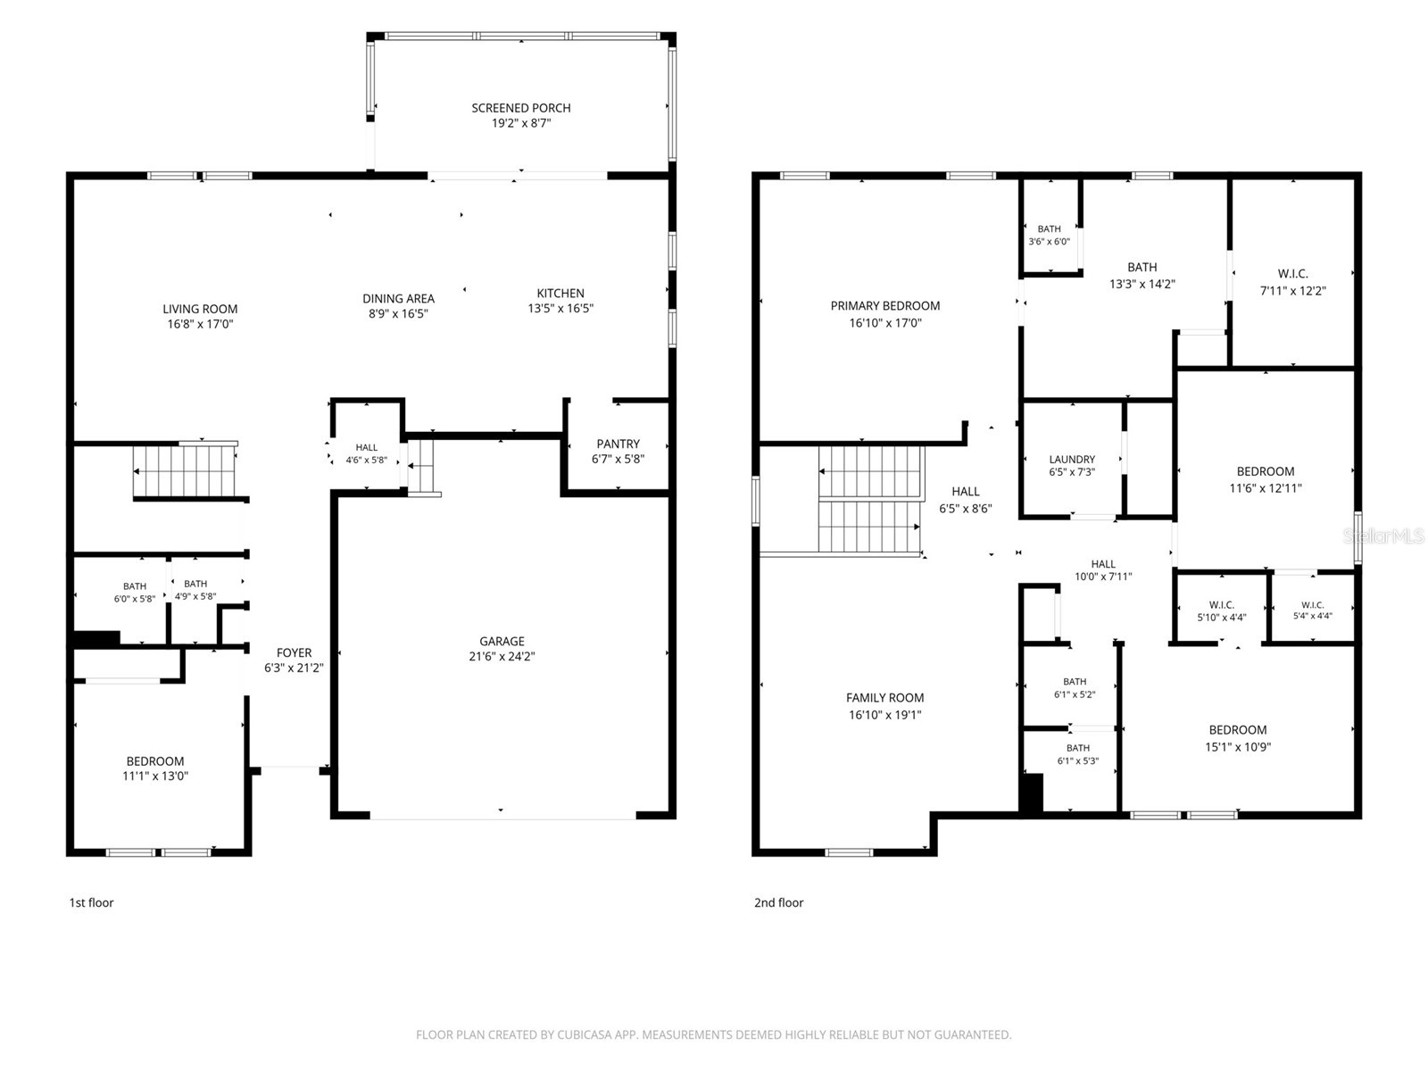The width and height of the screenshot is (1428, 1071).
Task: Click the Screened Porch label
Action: click(520, 108)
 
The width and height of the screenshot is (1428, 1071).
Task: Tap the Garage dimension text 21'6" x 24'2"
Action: click(502, 656)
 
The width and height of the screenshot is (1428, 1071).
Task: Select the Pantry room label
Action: click(618, 444)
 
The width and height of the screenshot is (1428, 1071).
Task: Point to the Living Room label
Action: click(200, 309)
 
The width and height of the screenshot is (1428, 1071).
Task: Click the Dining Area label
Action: click(398, 298)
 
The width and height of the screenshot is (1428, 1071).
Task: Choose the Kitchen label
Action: click(560, 294)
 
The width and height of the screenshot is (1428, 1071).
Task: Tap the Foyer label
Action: click(294, 652)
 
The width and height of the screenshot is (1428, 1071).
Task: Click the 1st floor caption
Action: click(91, 902)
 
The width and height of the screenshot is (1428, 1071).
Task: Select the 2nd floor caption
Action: click(778, 902)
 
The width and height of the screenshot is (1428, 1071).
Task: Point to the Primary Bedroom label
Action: click(884, 305)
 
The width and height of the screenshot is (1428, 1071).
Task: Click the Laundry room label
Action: click(1072, 459)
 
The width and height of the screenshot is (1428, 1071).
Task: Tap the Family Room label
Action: click(884, 698)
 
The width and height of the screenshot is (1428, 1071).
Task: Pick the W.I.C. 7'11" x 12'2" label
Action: click(1292, 282)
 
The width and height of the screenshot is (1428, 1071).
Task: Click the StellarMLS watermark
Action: click(1383, 535)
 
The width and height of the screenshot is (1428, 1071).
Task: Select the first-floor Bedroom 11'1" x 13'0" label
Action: click(154, 768)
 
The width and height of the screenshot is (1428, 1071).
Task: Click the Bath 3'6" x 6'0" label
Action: click(1048, 235)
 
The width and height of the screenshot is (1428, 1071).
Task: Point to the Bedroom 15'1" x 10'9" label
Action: click(1237, 738)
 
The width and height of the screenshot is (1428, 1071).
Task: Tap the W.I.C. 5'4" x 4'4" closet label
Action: click(1312, 610)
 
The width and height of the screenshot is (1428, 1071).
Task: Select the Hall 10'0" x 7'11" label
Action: click(1103, 569)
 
